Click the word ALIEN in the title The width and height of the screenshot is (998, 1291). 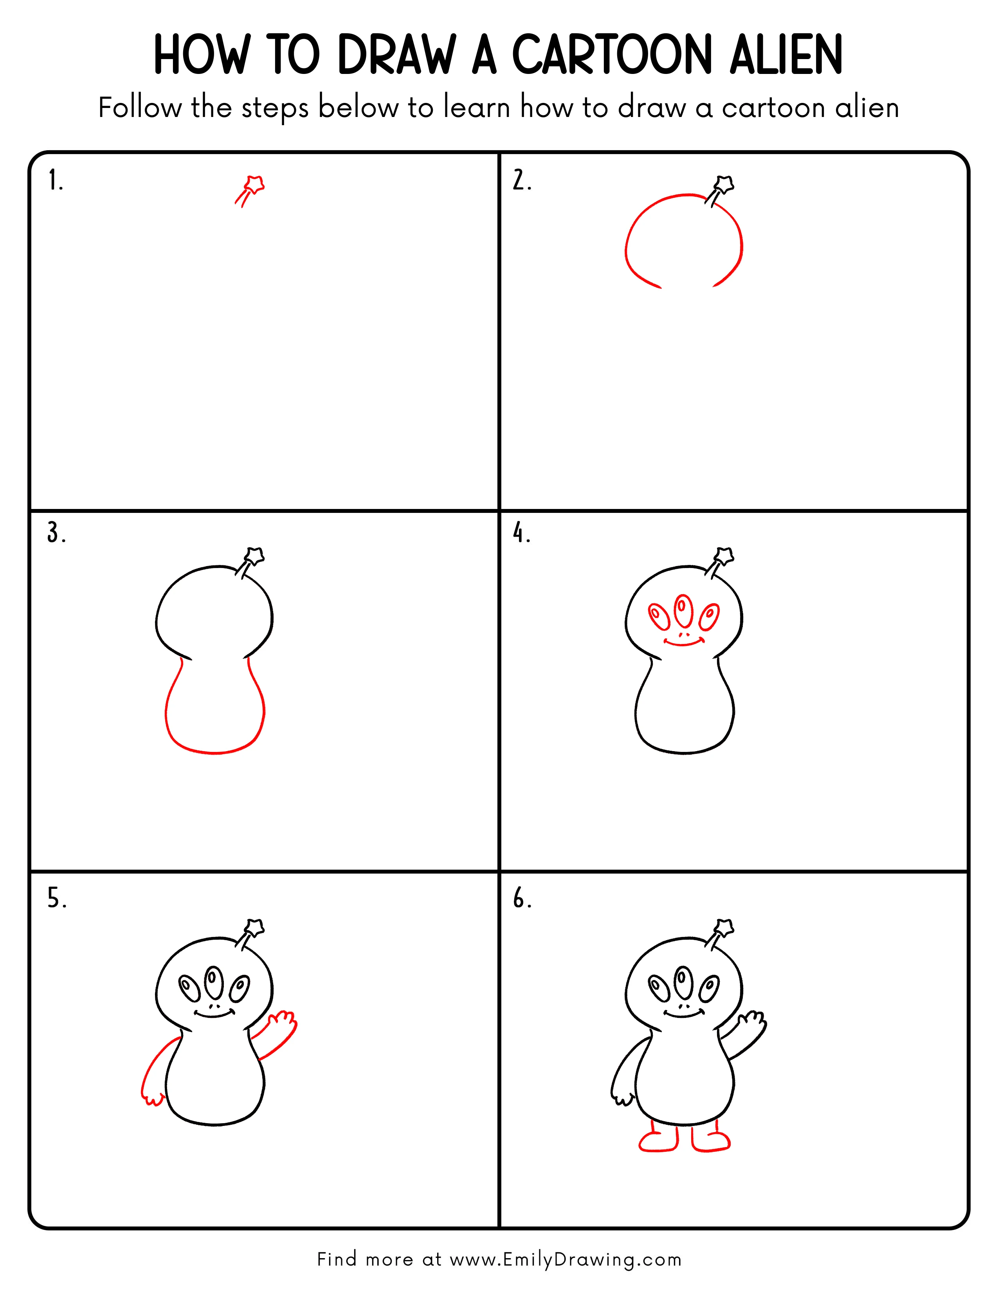(786, 55)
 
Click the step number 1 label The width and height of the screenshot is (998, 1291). (55, 180)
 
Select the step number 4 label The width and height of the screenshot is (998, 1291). (521, 533)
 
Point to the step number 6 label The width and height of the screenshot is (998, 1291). (521, 899)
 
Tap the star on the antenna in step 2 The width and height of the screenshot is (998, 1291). (725, 184)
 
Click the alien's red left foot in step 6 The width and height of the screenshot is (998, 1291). (658, 1140)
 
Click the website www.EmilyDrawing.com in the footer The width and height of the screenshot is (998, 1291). (565, 1259)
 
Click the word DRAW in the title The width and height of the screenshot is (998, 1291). (397, 55)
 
